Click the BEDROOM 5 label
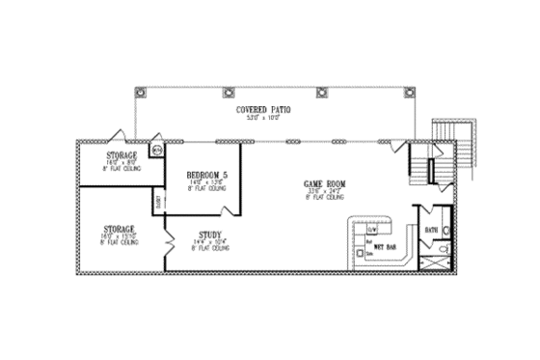(x=206, y=175)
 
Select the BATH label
(x=432, y=230)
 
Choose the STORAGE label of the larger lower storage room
(x=120, y=230)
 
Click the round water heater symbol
(x=157, y=151)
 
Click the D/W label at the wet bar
(x=371, y=230)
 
